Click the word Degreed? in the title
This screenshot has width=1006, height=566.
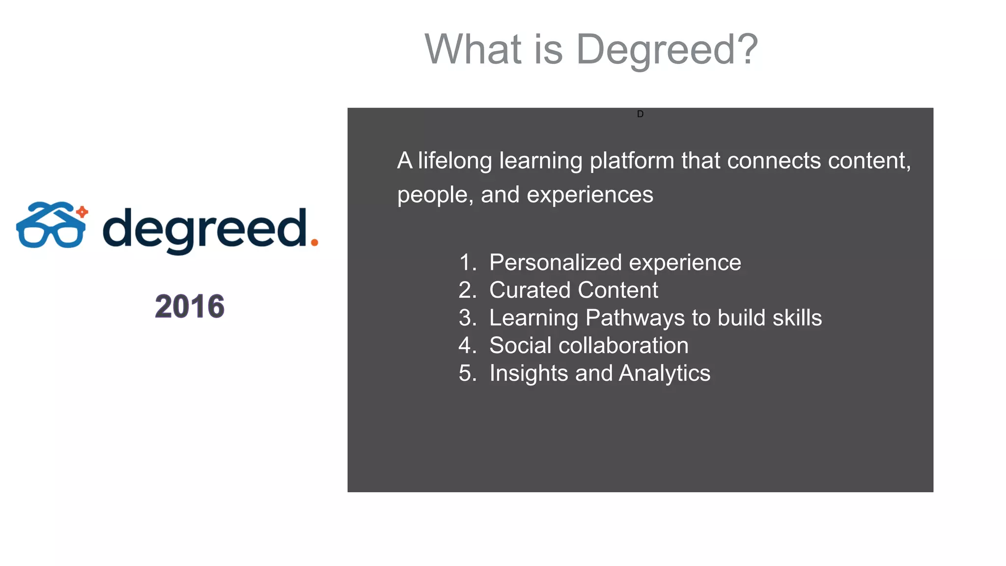pos(667,50)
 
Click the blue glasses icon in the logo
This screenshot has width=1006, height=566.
pos(51,226)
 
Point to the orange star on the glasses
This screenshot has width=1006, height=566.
pos(83,212)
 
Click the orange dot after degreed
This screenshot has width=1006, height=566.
pos(314,242)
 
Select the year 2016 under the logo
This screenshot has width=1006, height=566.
pos(190,307)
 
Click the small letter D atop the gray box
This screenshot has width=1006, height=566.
pos(640,114)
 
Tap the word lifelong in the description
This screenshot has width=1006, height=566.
pos(455,161)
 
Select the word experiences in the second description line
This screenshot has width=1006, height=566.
pos(590,195)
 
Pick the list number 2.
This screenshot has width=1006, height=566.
pos(467,290)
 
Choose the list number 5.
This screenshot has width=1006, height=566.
pos(467,373)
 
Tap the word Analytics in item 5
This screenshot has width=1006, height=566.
pos(664,373)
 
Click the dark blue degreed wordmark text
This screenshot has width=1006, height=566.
pos(205,229)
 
